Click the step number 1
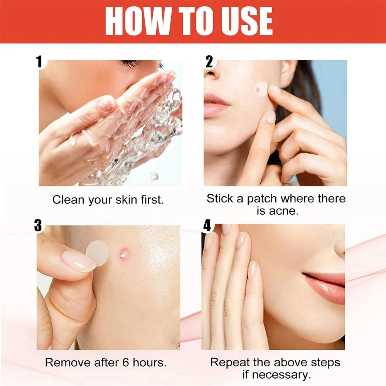pyautogui.click(x=39, y=62)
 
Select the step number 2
pyautogui.click(x=209, y=62)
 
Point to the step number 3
pyautogui.click(x=38, y=226)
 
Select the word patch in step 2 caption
pyautogui.click(x=262, y=199)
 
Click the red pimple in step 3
pyautogui.click(x=124, y=253)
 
